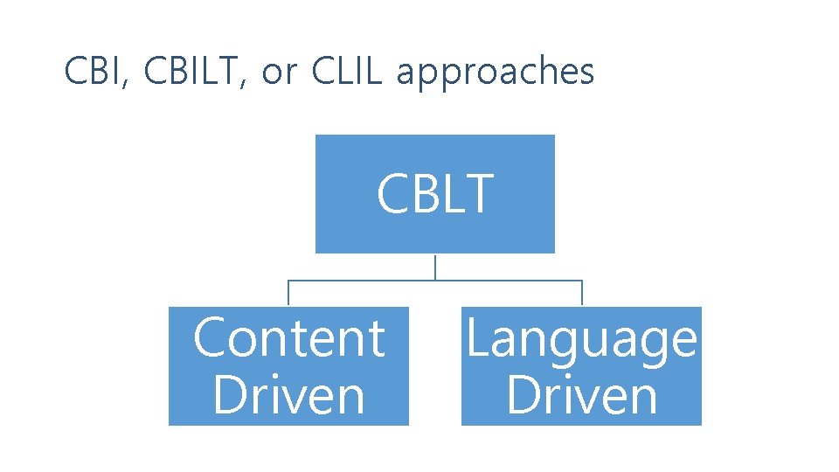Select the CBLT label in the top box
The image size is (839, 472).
pyautogui.click(x=435, y=194)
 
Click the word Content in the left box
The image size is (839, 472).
pyautogui.click(x=288, y=338)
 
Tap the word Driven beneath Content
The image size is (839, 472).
pyautogui.click(x=288, y=395)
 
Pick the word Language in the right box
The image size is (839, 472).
pyautogui.click(x=582, y=339)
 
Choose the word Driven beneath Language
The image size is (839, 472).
pyautogui.click(x=582, y=395)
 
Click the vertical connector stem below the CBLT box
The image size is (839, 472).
pyautogui.click(x=435, y=267)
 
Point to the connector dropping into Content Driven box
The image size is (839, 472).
pyautogui.click(x=288, y=294)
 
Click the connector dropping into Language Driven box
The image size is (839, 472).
pyautogui.click(x=582, y=294)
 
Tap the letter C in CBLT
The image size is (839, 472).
pyautogui.click(x=392, y=194)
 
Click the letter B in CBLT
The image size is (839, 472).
pyautogui.click(x=424, y=194)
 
